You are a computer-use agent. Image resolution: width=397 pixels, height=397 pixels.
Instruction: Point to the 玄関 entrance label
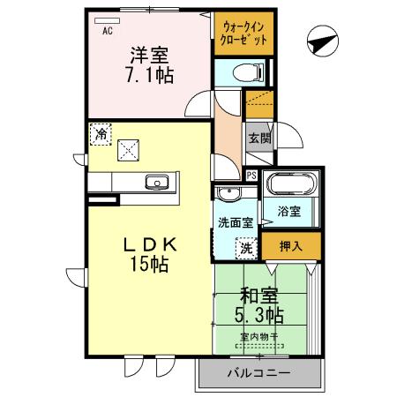(258, 138)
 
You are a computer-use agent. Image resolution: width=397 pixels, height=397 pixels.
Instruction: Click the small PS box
(252, 175)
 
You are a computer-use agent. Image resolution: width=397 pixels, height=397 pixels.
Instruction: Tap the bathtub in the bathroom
(289, 187)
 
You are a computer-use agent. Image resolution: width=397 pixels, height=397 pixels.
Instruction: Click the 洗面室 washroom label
(236, 223)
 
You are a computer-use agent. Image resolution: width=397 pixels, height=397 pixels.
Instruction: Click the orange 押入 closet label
(291, 247)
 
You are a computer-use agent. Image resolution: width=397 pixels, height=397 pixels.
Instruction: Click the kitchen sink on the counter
(159, 183)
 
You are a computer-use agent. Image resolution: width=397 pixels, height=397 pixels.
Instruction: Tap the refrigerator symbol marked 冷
(101, 135)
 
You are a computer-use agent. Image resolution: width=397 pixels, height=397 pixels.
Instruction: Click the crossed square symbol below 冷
(131, 151)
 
